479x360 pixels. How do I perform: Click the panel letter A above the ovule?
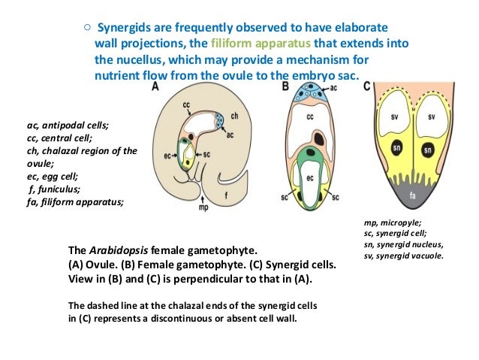pos(155,87)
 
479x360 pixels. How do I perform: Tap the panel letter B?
pos(285,86)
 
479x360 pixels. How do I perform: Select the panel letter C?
pos(366,86)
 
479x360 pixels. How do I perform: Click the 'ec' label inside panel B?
pos(309,179)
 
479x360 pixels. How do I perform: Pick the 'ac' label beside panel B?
pos(333,88)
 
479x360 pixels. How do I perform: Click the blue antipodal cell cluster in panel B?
pos(309,93)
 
